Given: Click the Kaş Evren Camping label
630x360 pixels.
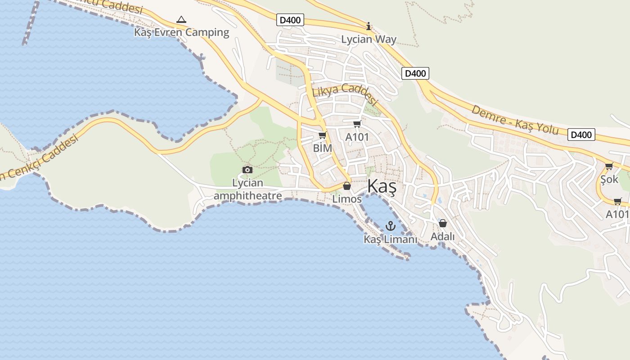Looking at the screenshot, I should click(x=182, y=32).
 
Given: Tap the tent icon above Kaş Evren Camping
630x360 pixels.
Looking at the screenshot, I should click(x=181, y=19).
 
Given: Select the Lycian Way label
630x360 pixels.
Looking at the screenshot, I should click(x=369, y=39).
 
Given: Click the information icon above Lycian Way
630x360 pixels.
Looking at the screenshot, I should click(x=369, y=26).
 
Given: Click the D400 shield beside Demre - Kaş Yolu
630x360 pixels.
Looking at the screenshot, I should click(x=580, y=134).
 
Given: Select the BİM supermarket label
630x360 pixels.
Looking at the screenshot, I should click(x=322, y=148).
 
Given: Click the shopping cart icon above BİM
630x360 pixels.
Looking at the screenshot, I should click(x=322, y=135).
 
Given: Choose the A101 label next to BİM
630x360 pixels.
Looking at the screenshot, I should click(x=357, y=137).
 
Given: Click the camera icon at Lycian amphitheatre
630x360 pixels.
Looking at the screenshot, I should click(x=247, y=170).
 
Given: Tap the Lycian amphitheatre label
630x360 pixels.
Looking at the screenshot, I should click(x=247, y=189).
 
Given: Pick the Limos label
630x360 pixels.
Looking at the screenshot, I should click(x=347, y=198).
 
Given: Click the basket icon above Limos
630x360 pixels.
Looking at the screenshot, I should click(x=347, y=185).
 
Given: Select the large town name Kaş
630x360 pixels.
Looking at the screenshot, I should click(x=382, y=186).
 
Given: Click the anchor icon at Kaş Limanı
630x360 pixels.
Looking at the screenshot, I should click(x=390, y=226).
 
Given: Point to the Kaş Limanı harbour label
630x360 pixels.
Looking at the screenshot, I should click(x=390, y=239).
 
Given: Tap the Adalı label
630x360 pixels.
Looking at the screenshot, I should click(x=443, y=236).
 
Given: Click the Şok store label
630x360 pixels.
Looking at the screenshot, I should click(x=609, y=180).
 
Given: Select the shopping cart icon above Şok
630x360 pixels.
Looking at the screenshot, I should click(x=609, y=166).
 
